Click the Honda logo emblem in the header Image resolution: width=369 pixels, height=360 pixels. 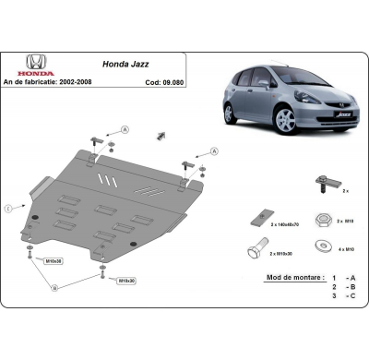(36, 62)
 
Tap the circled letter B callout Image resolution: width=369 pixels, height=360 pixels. (55, 288)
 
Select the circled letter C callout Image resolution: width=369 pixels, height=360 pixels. (11, 205)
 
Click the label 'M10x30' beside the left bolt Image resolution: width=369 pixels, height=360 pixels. (54, 261)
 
